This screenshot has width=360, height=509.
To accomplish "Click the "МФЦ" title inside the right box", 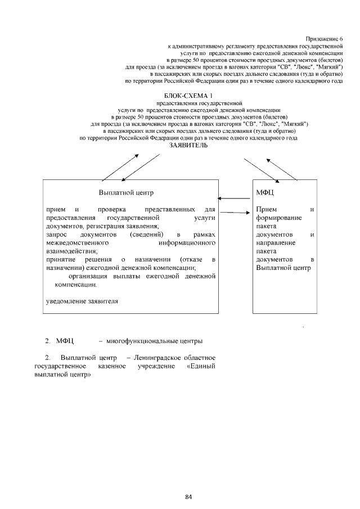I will pos(264,192).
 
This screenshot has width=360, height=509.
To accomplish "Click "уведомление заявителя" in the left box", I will pos(82,301).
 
